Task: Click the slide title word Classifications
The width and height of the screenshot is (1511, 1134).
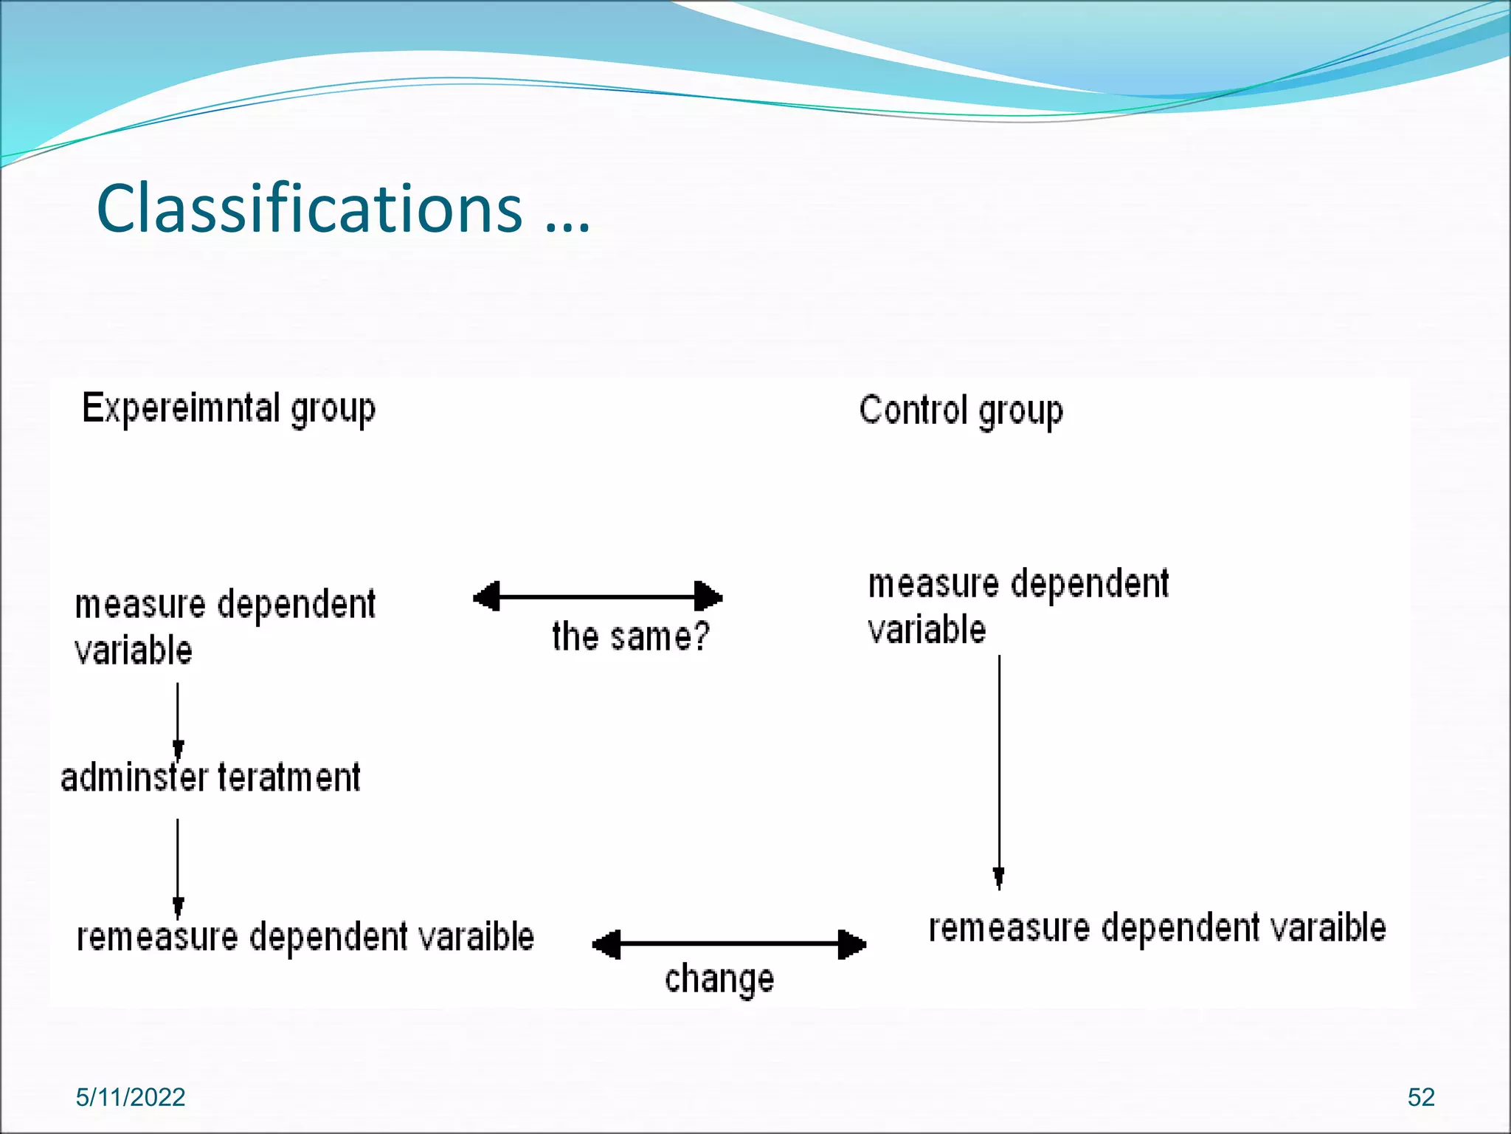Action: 309,208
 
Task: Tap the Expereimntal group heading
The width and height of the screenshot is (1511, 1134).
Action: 229,408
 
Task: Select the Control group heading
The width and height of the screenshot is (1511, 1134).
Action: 961,410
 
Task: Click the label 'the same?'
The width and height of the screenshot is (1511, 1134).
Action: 631,636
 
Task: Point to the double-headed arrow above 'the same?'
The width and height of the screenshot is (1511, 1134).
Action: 598,597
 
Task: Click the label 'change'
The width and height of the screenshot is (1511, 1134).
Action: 719,980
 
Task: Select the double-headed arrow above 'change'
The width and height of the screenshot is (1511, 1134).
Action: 729,944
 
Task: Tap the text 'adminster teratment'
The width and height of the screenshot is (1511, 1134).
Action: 211,778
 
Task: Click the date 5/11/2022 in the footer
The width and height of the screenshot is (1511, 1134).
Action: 131,1097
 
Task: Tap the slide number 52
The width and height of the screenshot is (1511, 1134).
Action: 1421,1097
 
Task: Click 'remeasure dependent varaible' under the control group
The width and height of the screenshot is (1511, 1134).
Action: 1157,928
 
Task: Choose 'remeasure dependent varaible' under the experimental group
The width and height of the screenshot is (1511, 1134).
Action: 305,937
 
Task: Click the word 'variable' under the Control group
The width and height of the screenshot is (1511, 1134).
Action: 927,630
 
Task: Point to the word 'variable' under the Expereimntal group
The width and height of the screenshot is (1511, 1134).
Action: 134,650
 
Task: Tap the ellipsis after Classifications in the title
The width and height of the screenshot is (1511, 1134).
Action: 568,221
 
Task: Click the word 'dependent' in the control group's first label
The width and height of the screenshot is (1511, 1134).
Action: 1090,584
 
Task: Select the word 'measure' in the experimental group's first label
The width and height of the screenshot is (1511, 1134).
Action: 140,605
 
